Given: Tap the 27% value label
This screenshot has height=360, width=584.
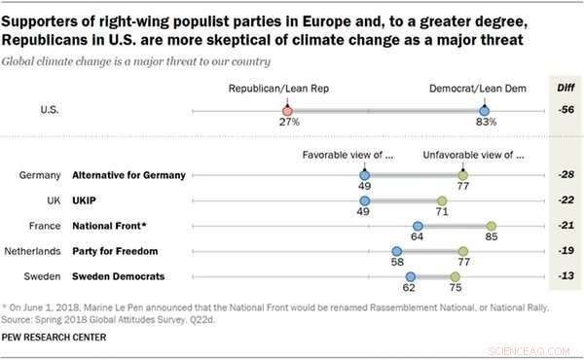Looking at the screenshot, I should [x=286, y=124].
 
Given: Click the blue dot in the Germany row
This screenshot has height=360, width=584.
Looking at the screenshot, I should [x=363, y=175].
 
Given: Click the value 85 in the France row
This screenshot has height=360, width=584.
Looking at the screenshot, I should [x=492, y=236].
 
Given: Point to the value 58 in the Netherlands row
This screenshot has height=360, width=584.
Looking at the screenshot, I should [x=397, y=262].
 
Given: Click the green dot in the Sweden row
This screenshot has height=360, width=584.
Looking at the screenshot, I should [x=456, y=275].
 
